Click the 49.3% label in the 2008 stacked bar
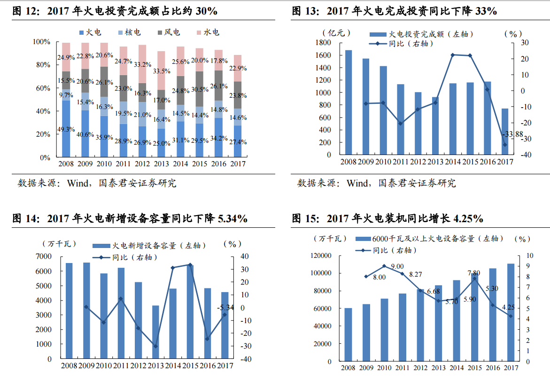pyautogui.click(x=66, y=129)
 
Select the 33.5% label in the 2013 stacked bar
pyautogui.click(x=162, y=71)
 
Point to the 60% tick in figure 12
pyautogui.click(x=42, y=88)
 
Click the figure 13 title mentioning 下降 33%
pyautogui.click(x=395, y=11)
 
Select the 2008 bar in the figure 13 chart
pyautogui.click(x=349, y=102)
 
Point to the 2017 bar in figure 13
pyautogui.click(x=505, y=132)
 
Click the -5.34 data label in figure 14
pyautogui.click(x=225, y=308)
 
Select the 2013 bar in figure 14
pyautogui.click(x=155, y=332)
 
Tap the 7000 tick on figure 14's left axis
pyautogui.click(x=44, y=256)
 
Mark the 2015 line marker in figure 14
pyautogui.click(x=190, y=265)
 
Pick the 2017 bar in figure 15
pyautogui.click(x=511, y=312)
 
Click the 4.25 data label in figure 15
pyautogui.click(x=509, y=308)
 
